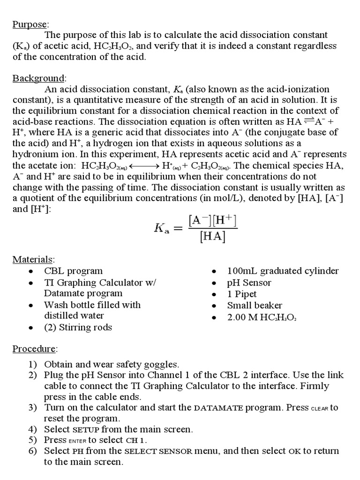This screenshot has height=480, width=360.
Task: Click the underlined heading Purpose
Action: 30,24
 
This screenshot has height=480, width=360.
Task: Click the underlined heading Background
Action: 39,78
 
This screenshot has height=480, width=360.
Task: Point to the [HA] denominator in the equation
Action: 212,238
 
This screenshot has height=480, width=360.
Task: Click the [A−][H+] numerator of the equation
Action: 212,219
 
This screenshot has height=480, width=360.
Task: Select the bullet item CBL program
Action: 73,271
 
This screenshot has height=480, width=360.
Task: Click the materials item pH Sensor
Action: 249,283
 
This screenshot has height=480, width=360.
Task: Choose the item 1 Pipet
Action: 242,294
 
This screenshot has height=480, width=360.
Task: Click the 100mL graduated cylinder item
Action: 283,271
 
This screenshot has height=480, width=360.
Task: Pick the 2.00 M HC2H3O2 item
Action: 262,317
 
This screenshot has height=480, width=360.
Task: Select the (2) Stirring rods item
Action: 78,327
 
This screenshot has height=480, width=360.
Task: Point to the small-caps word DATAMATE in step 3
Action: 218,408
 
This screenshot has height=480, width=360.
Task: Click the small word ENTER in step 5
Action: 77,441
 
